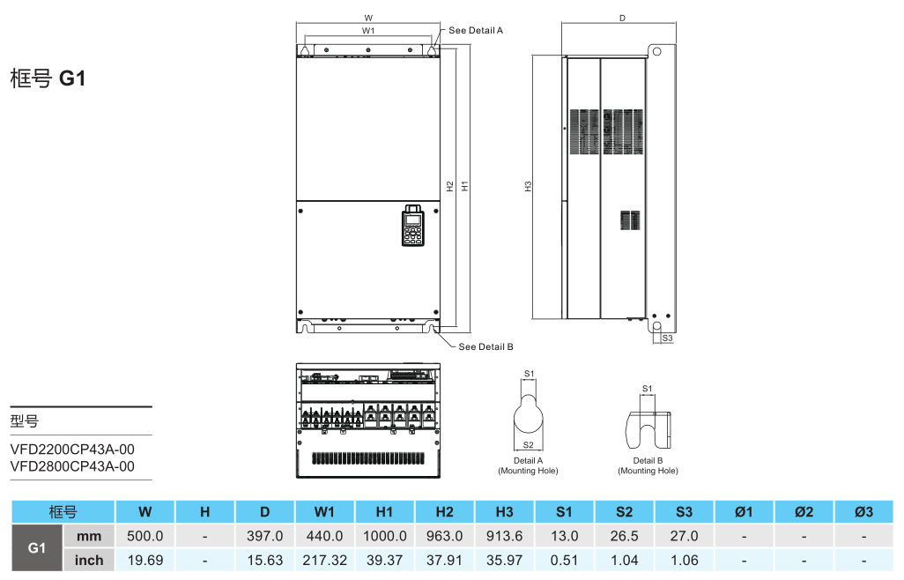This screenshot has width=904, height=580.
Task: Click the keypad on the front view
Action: point(412,227)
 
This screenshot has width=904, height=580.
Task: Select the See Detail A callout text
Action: point(475,30)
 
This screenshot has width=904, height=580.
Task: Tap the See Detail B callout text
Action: point(485,346)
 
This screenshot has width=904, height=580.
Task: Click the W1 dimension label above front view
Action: point(368,30)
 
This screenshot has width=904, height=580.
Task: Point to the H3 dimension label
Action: point(528,186)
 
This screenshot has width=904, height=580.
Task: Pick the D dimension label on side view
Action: point(622,18)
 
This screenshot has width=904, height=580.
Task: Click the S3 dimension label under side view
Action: point(667,338)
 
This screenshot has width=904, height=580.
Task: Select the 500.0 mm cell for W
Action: point(145,536)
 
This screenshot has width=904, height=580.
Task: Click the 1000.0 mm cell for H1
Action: point(384,536)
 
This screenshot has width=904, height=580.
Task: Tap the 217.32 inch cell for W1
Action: point(324,560)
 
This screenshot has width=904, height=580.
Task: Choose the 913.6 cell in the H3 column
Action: point(504,536)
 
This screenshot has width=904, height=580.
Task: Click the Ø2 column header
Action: point(803,512)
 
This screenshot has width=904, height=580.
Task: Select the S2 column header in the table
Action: point(624,512)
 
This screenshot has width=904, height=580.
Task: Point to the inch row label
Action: point(89,560)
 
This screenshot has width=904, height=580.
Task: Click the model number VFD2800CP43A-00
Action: point(72,466)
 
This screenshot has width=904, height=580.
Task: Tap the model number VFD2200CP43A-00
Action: point(72,450)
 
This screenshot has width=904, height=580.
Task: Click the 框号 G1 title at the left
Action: point(48,78)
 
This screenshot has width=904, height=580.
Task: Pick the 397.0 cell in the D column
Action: point(264,536)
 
